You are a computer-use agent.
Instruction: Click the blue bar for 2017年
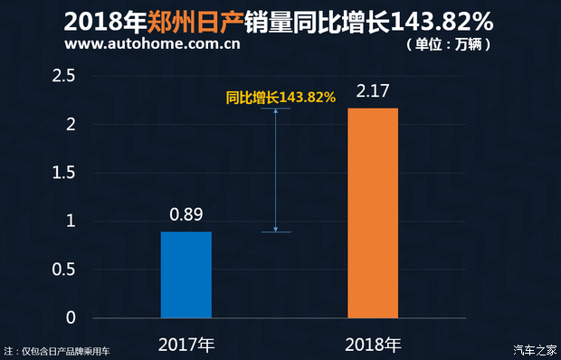coord(186,275)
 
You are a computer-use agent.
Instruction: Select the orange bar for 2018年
coord(373,213)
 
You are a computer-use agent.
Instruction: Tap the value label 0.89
coord(186,216)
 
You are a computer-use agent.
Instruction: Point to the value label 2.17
coord(373,91)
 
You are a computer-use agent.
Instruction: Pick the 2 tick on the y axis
coord(69,124)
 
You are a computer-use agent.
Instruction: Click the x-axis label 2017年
coord(186,345)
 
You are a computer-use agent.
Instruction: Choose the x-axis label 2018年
coord(373,345)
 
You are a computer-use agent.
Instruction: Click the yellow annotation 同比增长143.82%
coord(280,97)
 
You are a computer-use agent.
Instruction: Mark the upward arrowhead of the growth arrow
coord(275,112)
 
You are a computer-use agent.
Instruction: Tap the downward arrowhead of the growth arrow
coord(275,228)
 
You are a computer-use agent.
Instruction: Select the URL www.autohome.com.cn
coord(154,43)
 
